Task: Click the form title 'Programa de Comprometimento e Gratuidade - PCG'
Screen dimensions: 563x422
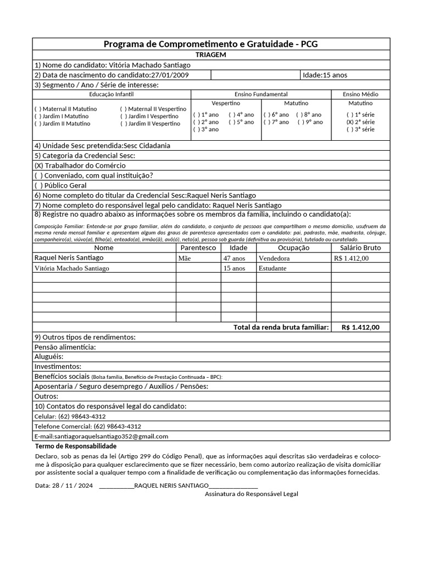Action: click(211, 45)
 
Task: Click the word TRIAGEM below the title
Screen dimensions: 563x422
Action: click(211, 55)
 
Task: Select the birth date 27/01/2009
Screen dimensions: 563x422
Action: click(172, 75)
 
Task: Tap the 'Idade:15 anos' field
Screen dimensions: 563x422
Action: click(325, 75)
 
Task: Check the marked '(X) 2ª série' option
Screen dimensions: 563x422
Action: click(360, 122)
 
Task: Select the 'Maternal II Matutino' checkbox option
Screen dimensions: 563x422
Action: click(65, 109)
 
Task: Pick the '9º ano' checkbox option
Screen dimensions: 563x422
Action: click(310, 122)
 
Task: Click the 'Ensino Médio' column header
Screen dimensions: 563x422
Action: click(360, 95)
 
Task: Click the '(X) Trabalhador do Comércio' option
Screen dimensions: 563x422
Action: click(80, 165)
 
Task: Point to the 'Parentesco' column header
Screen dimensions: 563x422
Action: click(198, 248)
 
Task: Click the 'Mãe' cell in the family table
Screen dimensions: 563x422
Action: click(185, 258)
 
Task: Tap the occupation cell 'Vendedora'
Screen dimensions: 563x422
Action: click(274, 258)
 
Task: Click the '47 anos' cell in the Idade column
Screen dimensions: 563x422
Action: click(234, 258)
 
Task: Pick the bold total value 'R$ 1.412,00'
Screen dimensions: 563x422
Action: click(360, 327)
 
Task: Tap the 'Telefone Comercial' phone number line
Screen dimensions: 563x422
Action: click(87, 426)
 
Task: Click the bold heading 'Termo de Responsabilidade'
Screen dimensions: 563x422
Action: click(75, 446)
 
